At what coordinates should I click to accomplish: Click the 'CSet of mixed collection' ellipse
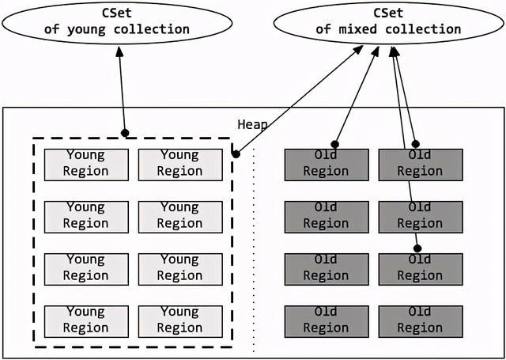coord(388,21)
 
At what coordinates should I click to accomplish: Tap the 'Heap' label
coord(252,124)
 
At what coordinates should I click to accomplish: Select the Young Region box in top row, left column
coord(85,164)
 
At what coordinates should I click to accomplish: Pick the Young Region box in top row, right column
coord(179,164)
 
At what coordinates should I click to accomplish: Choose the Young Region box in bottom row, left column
coord(85,320)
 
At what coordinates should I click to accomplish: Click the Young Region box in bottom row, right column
coord(179,320)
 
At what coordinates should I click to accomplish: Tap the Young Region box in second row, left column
coord(85,216)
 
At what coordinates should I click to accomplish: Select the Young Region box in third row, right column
coord(179,268)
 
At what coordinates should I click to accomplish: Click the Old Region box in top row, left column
coord(326,164)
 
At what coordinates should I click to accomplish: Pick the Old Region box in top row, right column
coord(420,164)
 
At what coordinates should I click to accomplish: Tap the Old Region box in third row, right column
coord(420,268)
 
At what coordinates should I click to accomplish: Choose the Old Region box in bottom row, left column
coord(326,320)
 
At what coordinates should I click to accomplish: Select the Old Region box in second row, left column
coord(326,216)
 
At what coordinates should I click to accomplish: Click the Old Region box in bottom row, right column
coord(420,320)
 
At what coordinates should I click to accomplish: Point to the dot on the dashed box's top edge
coord(125,132)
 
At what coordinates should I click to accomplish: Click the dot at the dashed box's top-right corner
coord(236,153)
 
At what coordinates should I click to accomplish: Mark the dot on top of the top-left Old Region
coord(334,144)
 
